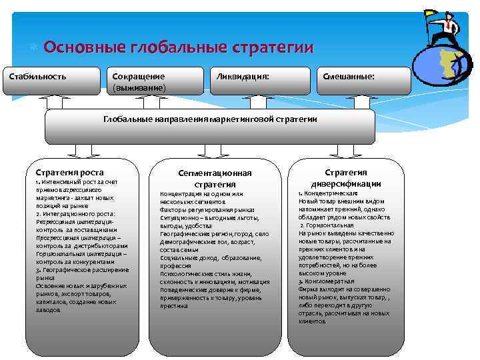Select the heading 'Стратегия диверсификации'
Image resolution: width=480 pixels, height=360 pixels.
pos(345,177)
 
